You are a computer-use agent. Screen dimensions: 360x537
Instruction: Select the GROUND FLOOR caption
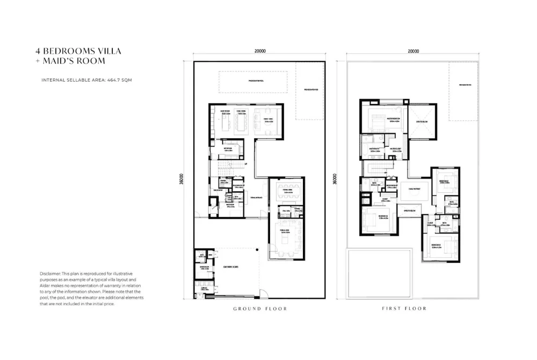pos(260,309)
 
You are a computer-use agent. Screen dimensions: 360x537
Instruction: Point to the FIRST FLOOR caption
pos(404,309)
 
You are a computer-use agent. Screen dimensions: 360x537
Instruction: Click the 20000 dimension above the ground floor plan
pos(260,52)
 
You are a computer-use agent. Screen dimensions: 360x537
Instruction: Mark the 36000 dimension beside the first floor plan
pos(335,179)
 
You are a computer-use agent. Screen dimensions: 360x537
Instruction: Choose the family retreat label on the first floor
pos(414,189)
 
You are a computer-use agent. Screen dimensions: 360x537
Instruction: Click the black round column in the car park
pos(257,249)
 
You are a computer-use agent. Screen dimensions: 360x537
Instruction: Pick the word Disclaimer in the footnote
pos(50,274)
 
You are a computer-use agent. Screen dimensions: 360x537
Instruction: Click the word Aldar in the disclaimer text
pos(46,286)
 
